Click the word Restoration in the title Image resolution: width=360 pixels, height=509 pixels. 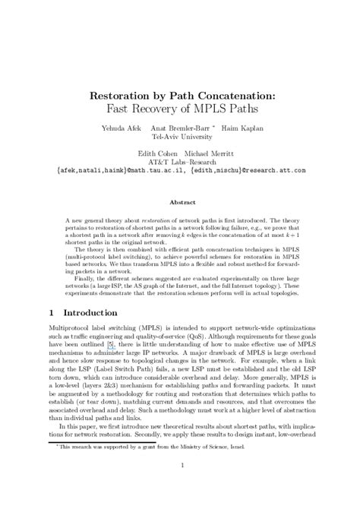click(x=124, y=96)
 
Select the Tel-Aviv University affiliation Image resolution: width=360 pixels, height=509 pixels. click(x=180, y=138)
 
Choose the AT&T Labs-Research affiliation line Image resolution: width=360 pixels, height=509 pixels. click(x=180, y=162)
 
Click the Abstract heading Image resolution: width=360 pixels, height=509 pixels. click(x=180, y=203)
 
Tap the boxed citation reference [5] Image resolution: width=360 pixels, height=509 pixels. click(x=111, y=345)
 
